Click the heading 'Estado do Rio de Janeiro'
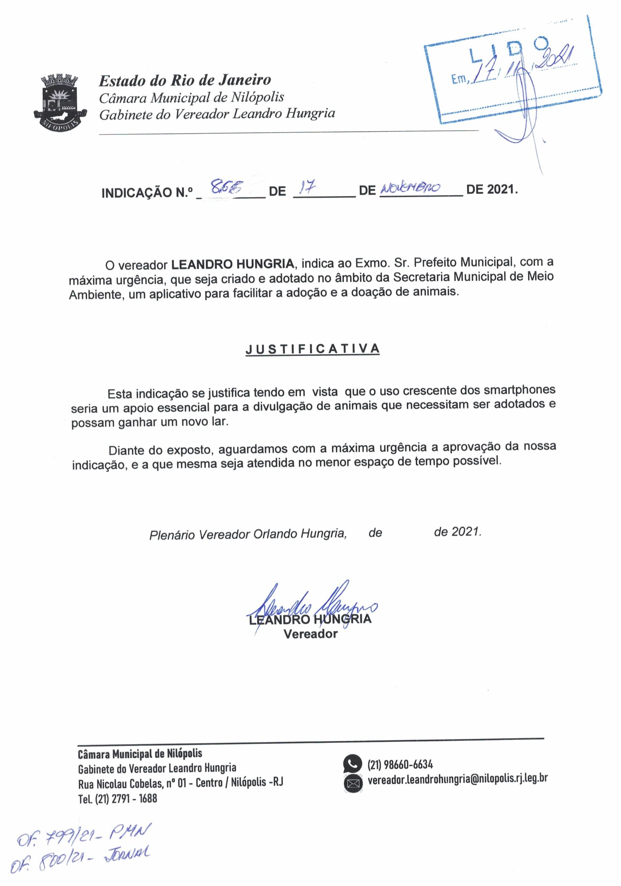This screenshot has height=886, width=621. click(x=185, y=80)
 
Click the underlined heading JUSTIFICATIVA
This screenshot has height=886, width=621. click(x=313, y=349)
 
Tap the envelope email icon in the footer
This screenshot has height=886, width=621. click(x=353, y=783)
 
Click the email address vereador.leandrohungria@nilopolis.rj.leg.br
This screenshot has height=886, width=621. click(x=458, y=779)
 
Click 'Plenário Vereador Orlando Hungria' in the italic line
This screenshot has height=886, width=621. click(x=247, y=534)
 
